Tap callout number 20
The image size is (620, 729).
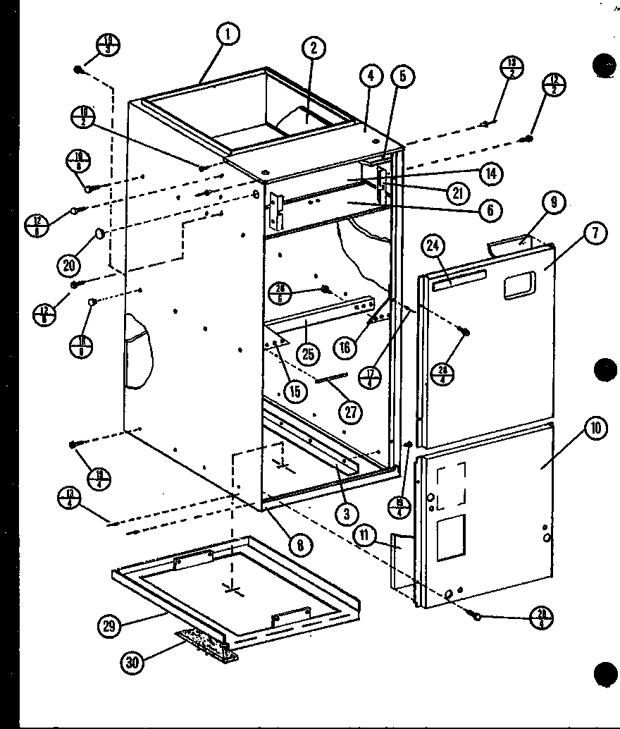[x=70, y=265]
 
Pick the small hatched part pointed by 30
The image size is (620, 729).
[x=209, y=646]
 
